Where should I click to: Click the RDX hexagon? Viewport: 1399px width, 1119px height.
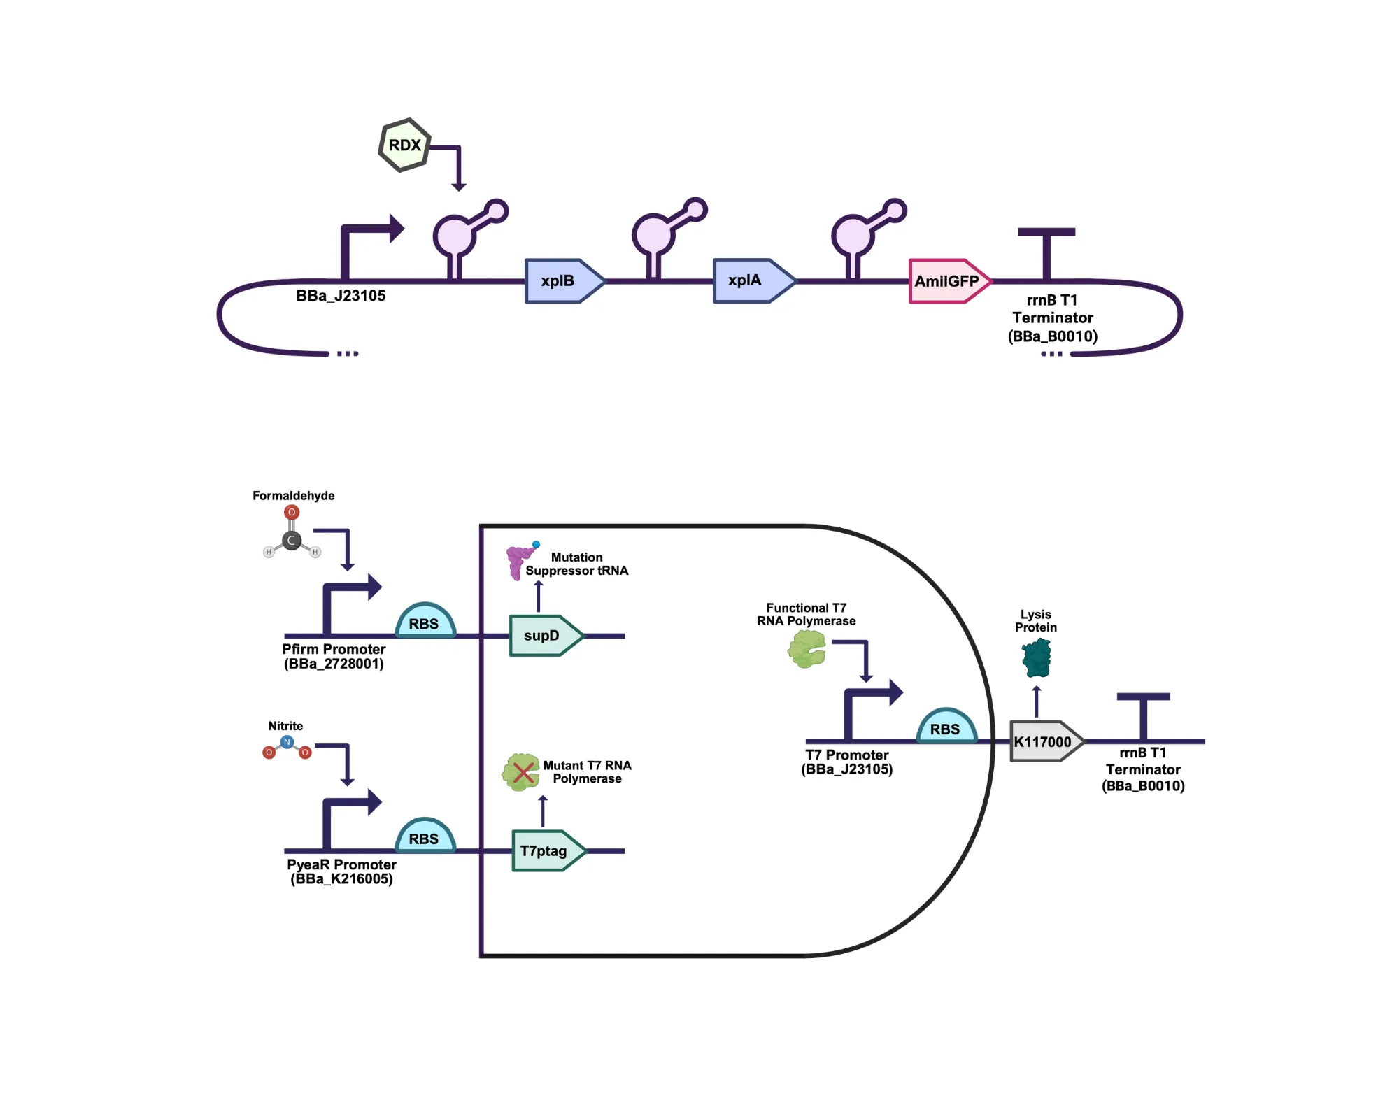pyautogui.click(x=404, y=145)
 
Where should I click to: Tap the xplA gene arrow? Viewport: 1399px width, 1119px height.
pyautogui.click(x=750, y=280)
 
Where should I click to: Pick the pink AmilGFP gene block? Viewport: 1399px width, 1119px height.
pyautogui.click(x=948, y=281)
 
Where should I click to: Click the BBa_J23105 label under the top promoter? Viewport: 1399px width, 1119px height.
pyautogui.click(x=341, y=295)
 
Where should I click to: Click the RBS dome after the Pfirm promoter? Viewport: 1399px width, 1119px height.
pyautogui.click(x=425, y=622)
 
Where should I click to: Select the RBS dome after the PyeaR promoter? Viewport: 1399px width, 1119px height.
pyautogui.click(x=425, y=837)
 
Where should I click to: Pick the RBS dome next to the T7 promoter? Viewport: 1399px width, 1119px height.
pyautogui.click(x=946, y=727)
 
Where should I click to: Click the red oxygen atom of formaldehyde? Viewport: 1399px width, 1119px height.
pyautogui.click(x=292, y=512)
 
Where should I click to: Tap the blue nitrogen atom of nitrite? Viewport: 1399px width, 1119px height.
pyautogui.click(x=287, y=741)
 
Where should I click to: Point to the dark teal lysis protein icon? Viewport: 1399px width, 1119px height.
pyautogui.click(x=1037, y=658)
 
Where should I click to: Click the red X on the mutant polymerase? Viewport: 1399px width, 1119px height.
pyautogui.click(x=523, y=773)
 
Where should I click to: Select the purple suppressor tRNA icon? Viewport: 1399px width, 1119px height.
pyautogui.click(x=518, y=562)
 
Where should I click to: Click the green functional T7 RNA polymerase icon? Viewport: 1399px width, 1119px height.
pyautogui.click(x=807, y=649)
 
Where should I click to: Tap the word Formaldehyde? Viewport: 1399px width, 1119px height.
pyautogui.click(x=293, y=495)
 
